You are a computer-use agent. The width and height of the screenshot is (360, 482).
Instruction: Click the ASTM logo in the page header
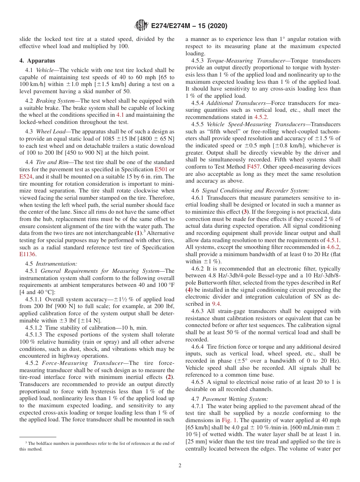pos(142,25)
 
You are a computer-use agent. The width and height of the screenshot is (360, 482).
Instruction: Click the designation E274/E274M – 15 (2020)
pos(189,26)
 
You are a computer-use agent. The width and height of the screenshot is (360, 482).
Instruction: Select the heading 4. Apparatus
pos(37,61)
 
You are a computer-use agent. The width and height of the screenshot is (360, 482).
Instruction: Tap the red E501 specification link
pos(161,169)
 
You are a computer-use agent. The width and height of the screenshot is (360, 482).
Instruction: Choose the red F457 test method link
pos(253,166)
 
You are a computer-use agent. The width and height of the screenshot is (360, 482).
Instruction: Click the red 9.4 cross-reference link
pos(216,304)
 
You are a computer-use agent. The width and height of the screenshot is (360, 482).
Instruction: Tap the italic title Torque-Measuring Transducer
pos(246,61)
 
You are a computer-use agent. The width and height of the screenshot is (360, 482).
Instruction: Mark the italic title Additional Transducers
pos(236,103)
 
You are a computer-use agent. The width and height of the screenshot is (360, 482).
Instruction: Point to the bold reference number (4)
pos(189,290)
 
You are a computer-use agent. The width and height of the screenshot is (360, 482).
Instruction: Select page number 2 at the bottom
pos(180,465)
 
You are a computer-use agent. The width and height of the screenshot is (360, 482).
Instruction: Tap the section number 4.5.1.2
pos(35,327)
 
